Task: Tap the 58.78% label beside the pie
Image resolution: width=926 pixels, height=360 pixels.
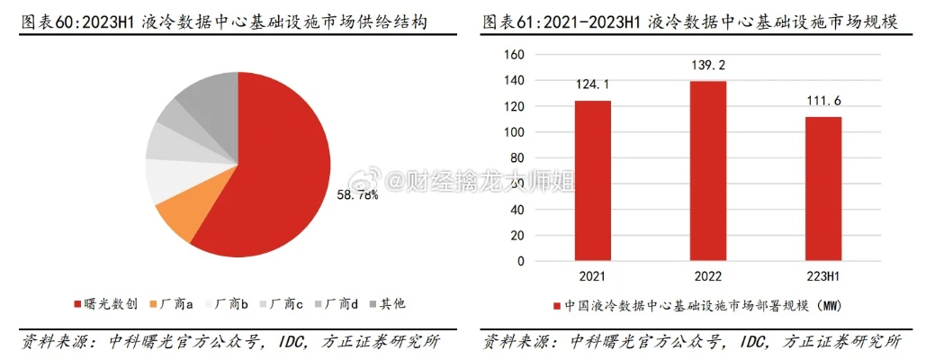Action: coord(357,194)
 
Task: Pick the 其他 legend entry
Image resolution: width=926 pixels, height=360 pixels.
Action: coord(386,304)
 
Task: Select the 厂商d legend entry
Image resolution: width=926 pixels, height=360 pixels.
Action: coord(337,304)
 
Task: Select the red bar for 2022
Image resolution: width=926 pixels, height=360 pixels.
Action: coord(706,171)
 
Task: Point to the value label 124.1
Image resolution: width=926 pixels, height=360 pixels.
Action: coord(592,85)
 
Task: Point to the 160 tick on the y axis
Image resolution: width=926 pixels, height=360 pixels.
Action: coord(513,55)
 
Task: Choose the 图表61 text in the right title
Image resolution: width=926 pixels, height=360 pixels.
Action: coord(509,22)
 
